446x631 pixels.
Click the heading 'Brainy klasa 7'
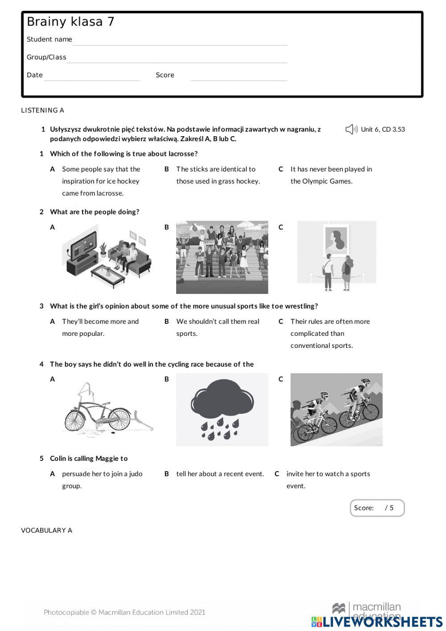(x=70, y=22)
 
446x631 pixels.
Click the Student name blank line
(x=180, y=41)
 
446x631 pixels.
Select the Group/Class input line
(x=177, y=59)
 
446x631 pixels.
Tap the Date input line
(x=92, y=77)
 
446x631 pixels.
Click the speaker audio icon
(x=351, y=130)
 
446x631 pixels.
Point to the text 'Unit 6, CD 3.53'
(x=383, y=130)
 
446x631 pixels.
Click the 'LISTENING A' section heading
(x=42, y=110)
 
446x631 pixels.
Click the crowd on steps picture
(x=222, y=257)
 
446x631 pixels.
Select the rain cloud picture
(x=222, y=410)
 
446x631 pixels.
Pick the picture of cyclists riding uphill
(x=336, y=410)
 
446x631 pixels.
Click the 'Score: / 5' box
(x=377, y=508)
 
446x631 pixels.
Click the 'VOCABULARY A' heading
(x=46, y=531)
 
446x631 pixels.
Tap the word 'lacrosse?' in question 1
(x=183, y=154)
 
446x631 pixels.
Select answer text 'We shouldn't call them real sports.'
(x=218, y=327)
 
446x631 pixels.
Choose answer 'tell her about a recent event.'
(x=220, y=474)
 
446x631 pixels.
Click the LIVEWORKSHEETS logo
(x=377, y=622)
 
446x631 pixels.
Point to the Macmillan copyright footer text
(x=124, y=612)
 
